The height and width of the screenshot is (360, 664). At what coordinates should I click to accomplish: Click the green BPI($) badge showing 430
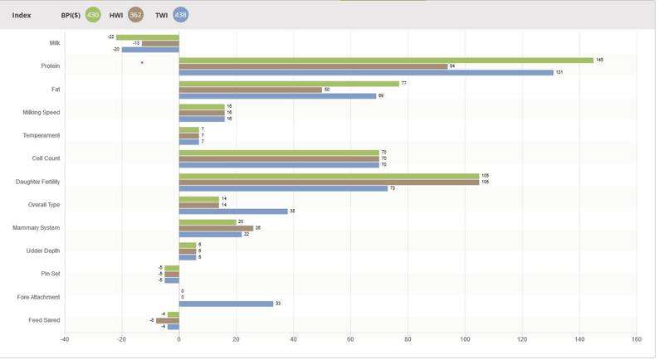[x=93, y=15]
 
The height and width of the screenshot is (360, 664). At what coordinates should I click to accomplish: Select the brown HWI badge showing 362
[x=135, y=15]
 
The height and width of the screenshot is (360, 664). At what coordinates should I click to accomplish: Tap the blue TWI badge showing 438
[x=180, y=15]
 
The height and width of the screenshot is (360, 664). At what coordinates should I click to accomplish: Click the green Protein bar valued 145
[x=386, y=60]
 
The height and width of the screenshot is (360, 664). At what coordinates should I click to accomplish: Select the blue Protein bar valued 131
[x=366, y=72]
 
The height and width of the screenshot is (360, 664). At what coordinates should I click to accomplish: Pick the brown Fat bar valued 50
[x=251, y=90]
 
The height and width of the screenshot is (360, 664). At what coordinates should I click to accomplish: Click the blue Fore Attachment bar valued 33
[x=226, y=304]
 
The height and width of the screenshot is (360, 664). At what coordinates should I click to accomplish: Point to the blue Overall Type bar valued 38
[x=233, y=211]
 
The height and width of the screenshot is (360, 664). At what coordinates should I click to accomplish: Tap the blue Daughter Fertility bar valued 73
[x=283, y=188]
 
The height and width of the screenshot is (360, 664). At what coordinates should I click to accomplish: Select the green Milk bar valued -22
[x=148, y=37]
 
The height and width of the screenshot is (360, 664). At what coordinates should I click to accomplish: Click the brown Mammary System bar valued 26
[x=216, y=227]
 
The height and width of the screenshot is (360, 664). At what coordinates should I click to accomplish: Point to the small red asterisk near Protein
[x=142, y=63]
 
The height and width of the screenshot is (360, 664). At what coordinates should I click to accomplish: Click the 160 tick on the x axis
[x=637, y=338]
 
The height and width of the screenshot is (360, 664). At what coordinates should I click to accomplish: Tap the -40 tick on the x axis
[x=65, y=338]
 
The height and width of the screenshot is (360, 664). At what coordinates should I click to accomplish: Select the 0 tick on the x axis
[x=179, y=338]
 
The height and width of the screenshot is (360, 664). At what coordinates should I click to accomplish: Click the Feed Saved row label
[x=44, y=320]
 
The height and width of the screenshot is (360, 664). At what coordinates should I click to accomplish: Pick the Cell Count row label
[x=45, y=158]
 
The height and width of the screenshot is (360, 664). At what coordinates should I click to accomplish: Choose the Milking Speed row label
[x=41, y=112]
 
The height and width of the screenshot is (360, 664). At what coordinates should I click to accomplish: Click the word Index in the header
[x=22, y=15]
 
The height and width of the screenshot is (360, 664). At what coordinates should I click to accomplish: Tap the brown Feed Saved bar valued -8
[x=168, y=320]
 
